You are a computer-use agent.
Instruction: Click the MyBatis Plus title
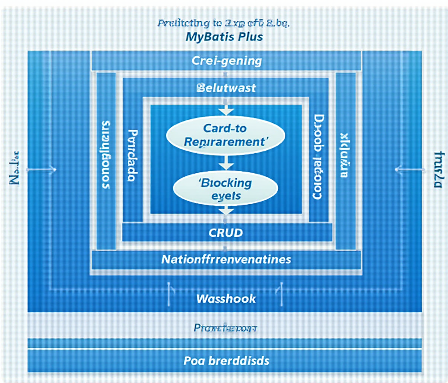click(224, 37)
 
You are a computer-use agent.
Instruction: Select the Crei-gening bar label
click(227, 61)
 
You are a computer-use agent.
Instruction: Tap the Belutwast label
click(226, 88)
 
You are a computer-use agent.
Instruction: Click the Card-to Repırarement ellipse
click(225, 135)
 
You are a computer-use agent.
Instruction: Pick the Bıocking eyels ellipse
click(225, 189)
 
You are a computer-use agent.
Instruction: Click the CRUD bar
click(226, 233)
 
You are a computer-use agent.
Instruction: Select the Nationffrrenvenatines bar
click(226, 259)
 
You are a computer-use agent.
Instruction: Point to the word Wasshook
click(226, 298)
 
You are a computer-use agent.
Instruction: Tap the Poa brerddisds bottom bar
click(226, 361)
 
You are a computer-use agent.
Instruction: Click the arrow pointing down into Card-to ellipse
click(226, 109)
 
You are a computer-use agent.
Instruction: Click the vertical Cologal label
click(318, 157)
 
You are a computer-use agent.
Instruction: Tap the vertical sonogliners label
click(106, 154)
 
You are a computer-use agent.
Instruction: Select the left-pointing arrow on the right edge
click(410, 170)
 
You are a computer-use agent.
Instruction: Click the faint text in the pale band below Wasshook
click(225, 328)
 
